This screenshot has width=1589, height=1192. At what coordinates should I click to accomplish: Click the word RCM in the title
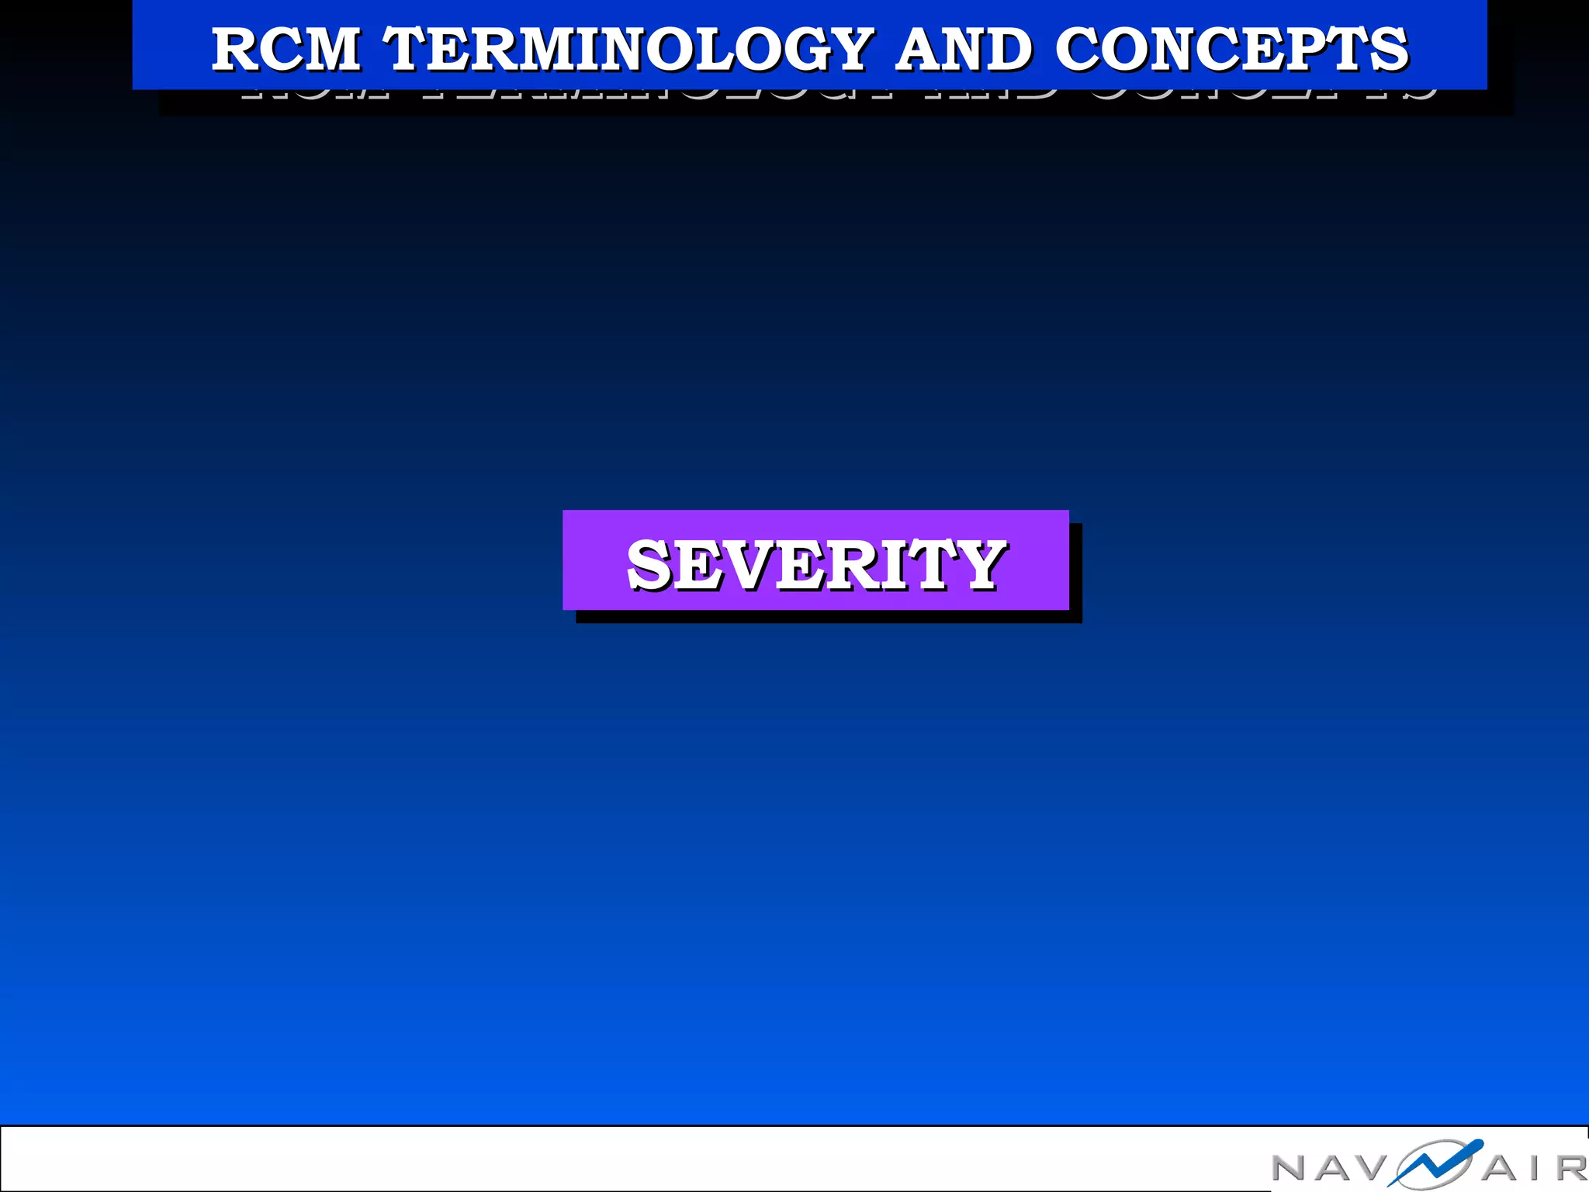tap(286, 49)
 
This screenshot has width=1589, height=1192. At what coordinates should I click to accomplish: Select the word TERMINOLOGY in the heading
tap(629, 49)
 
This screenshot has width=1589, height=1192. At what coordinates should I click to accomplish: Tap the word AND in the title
tap(964, 49)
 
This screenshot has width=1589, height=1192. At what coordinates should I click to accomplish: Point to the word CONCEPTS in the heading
tap(1231, 49)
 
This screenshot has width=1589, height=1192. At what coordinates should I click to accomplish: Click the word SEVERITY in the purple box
tap(815, 564)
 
